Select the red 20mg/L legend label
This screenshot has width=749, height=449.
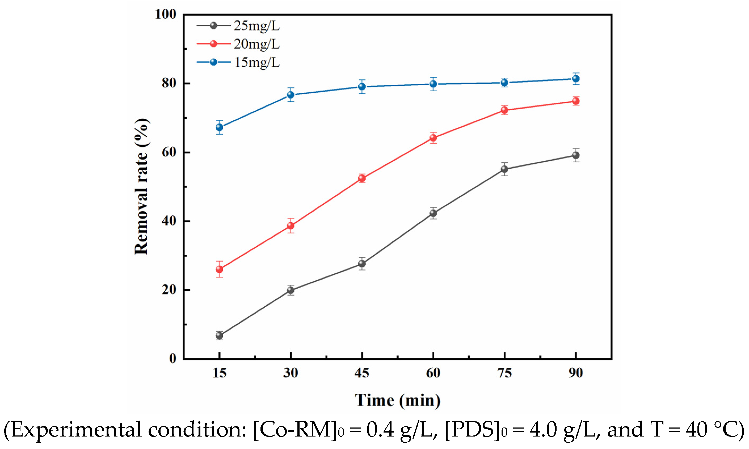[256, 44]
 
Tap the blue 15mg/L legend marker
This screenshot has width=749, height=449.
[213, 62]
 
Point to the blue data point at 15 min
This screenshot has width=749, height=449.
[219, 127]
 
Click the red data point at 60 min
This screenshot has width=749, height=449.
[433, 138]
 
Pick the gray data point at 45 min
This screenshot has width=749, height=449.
[362, 264]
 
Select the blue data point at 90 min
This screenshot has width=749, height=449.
[576, 79]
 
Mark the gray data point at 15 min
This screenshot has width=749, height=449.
[219, 336]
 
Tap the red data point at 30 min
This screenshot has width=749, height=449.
[291, 226]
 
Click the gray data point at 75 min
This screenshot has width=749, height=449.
[504, 169]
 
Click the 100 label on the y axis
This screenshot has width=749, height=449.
[165, 14]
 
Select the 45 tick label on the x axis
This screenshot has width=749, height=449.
[362, 373]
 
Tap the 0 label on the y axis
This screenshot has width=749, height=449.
[173, 358]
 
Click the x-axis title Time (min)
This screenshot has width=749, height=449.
[397, 401]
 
